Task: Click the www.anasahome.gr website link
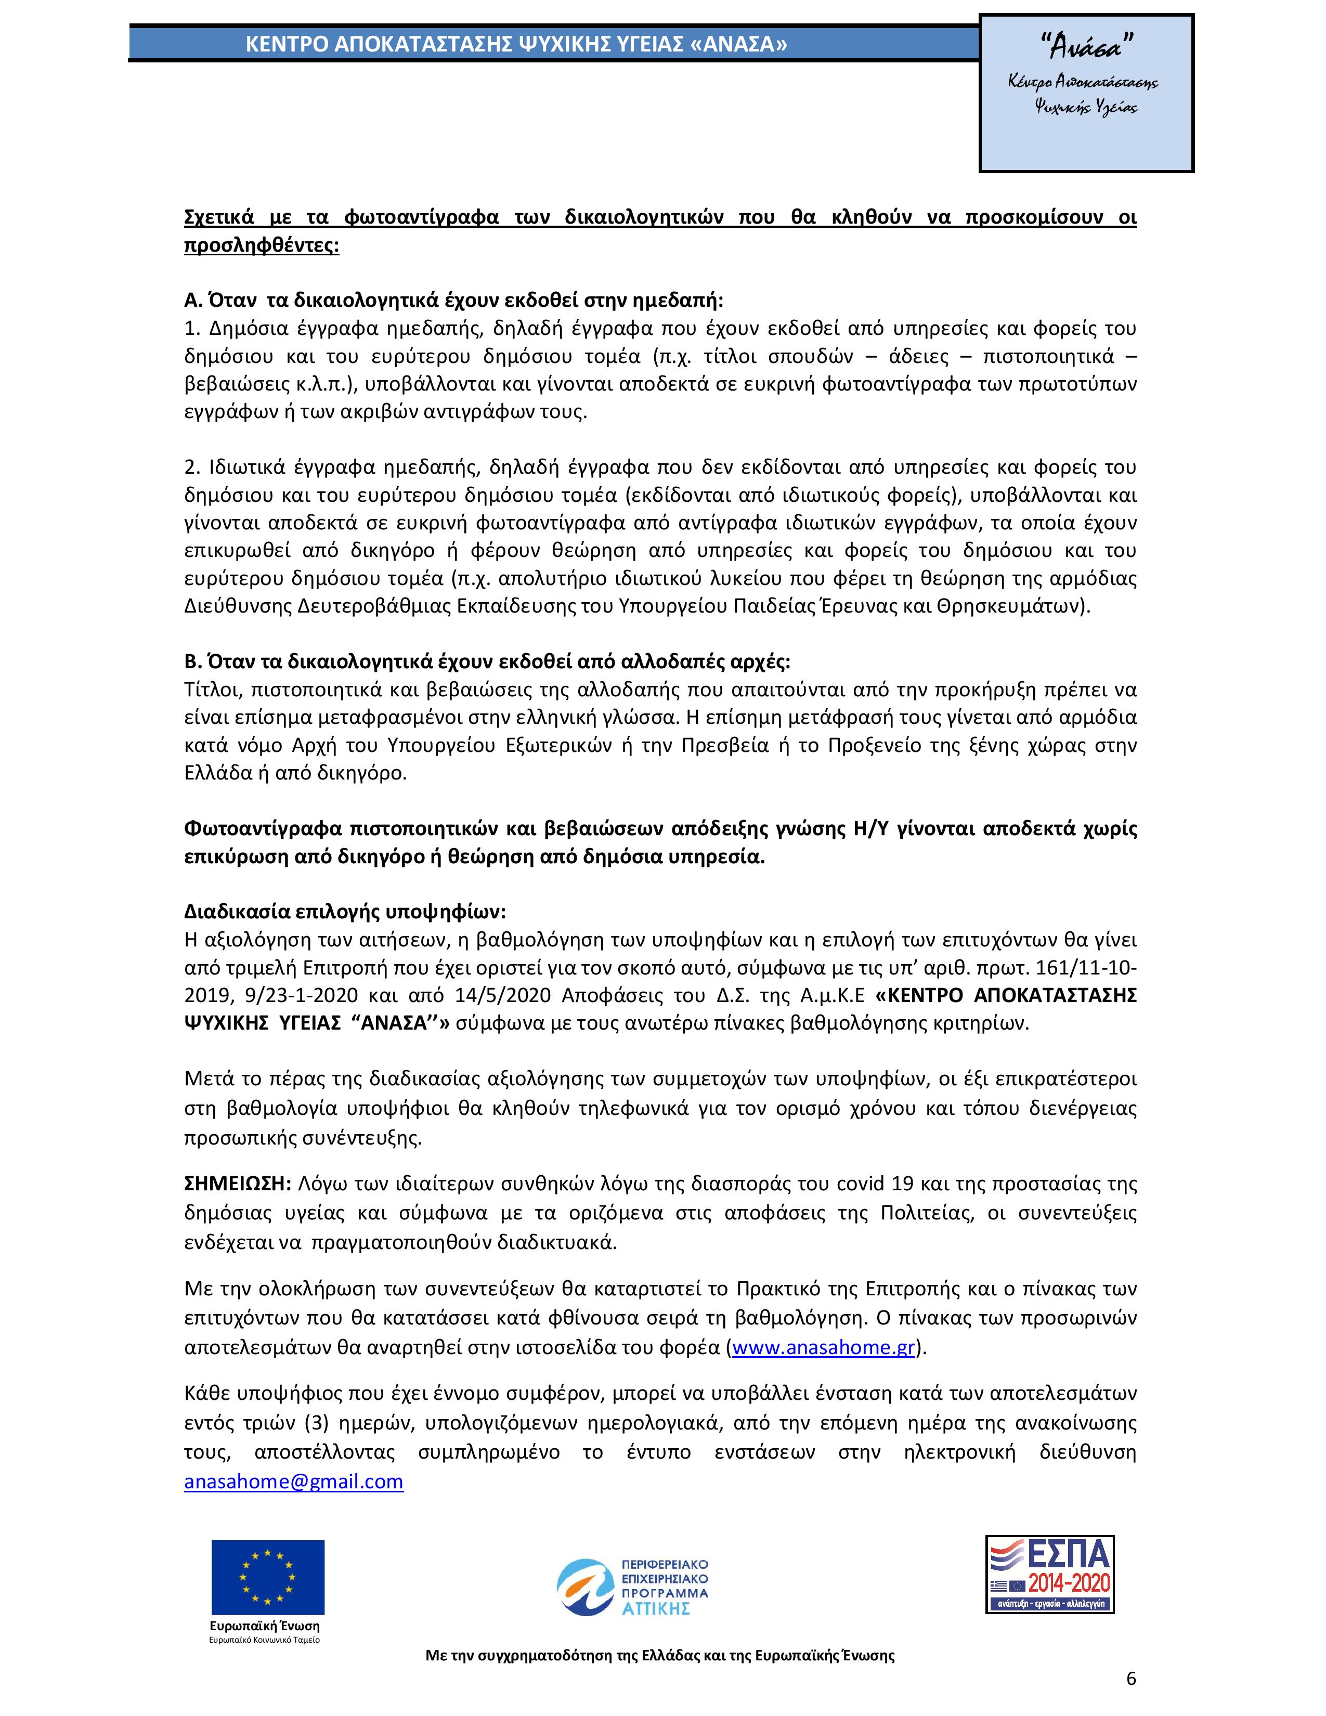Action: pyautogui.click(x=823, y=1347)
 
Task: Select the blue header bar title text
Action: pyautogui.click(x=516, y=45)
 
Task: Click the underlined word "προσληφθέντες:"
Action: pyautogui.click(x=262, y=245)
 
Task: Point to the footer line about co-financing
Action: pyautogui.click(x=660, y=1656)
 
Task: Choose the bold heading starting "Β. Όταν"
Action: pyautogui.click(x=487, y=661)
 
